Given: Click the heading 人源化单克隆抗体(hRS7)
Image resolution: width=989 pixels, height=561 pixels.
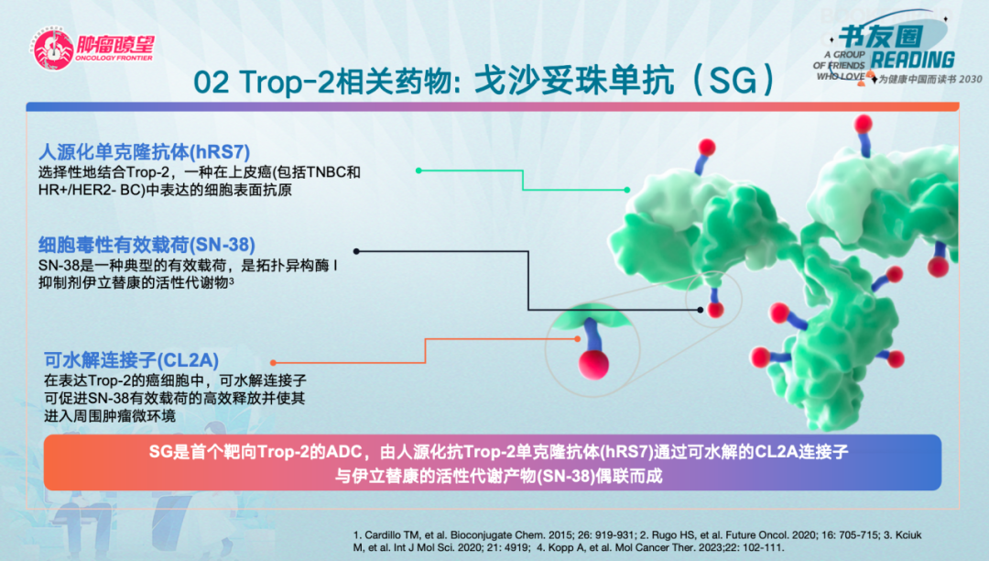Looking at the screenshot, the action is [145, 152].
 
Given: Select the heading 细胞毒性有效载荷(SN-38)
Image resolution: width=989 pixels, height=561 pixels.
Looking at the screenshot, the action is [147, 245].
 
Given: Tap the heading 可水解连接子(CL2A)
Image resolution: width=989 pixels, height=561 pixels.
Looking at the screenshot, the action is [131, 360].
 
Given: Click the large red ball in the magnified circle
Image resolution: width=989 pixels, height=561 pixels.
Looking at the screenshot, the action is [593, 365].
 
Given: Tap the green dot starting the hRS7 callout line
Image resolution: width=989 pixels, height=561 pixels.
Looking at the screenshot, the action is [418, 170].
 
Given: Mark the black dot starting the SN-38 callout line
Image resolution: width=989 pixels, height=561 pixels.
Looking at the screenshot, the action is [356, 251].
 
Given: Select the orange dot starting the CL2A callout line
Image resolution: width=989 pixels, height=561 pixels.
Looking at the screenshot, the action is [273, 363].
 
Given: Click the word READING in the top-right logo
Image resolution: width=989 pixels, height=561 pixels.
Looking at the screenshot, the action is [913, 60].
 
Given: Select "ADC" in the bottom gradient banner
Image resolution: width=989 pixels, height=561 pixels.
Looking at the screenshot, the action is [348, 452].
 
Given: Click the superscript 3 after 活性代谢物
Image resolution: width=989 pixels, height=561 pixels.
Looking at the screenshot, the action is [232, 280].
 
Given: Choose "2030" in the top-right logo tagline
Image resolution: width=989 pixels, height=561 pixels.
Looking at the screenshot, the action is [970, 79].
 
